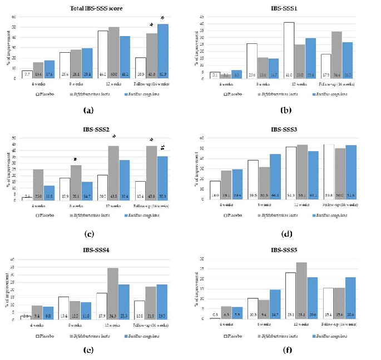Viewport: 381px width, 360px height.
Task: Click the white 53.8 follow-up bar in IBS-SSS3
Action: click(337, 171)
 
